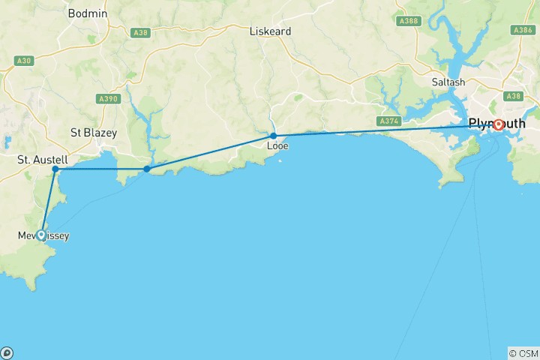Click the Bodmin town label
[87, 13]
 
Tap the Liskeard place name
[270, 31]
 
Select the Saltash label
[448, 82]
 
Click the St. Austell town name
[43, 160]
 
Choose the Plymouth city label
[496, 124]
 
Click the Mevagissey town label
[43, 236]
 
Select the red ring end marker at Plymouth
[498, 124]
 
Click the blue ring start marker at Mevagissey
[40, 235]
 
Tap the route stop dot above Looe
[274, 136]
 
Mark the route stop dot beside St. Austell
[55, 169]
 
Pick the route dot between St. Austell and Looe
[147, 169]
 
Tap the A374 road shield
[389, 121]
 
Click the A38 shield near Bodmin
[139, 33]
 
